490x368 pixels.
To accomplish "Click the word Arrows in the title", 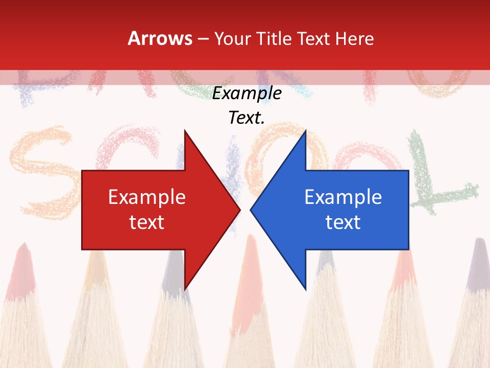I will tap(160, 38).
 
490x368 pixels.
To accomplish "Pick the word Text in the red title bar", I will tap(314, 39).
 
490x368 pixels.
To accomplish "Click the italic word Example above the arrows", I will tap(247, 93).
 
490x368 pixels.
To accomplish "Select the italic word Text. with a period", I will tap(247, 118).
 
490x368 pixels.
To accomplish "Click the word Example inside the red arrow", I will tap(147, 197).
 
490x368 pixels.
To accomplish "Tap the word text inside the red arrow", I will tap(147, 222).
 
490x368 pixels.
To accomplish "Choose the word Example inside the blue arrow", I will tap(343, 197).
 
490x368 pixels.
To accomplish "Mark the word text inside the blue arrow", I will tap(343, 222).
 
